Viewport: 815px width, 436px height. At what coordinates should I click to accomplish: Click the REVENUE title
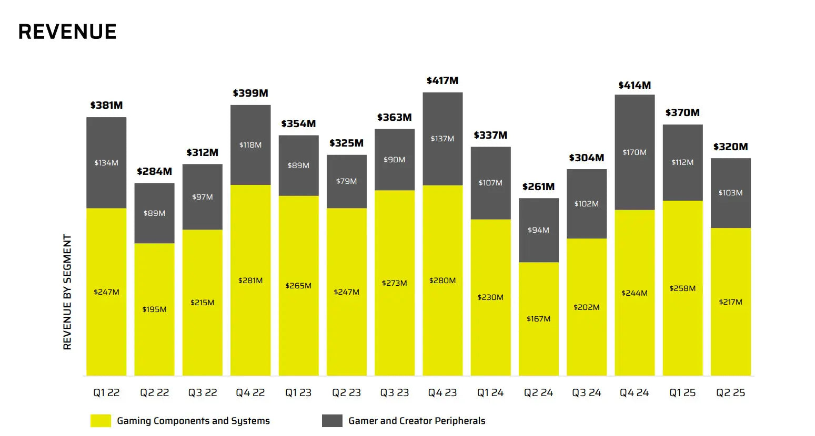[x=67, y=32]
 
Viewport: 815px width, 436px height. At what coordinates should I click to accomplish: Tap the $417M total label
[x=442, y=80]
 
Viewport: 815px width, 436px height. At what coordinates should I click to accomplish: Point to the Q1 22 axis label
[x=106, y=392]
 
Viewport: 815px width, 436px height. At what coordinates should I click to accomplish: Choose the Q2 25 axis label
[x=730, y=392]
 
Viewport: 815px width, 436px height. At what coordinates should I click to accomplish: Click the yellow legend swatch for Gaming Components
[x=100, y=421]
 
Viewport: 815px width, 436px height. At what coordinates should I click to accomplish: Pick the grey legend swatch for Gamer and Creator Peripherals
[x=332, y=421]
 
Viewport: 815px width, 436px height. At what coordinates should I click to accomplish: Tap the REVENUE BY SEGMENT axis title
[x=67, y=292]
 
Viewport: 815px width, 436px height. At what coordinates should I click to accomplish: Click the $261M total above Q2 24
[x=538, y=186]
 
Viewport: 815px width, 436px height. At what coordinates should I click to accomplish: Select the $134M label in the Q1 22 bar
[x=106, y=163]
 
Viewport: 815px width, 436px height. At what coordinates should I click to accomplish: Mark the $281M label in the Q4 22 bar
[x=250, y=281]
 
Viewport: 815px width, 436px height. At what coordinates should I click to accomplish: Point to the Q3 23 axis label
[x=394, y=392]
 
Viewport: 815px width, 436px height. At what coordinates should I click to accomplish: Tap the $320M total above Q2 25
[x=730, y=147]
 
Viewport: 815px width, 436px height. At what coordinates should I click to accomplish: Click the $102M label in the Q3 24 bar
[x=586, y=204]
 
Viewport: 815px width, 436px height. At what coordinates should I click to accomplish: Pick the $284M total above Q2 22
[x=154, y=171]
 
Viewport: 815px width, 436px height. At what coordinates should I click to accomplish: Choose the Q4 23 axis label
[x=442, y=392]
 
